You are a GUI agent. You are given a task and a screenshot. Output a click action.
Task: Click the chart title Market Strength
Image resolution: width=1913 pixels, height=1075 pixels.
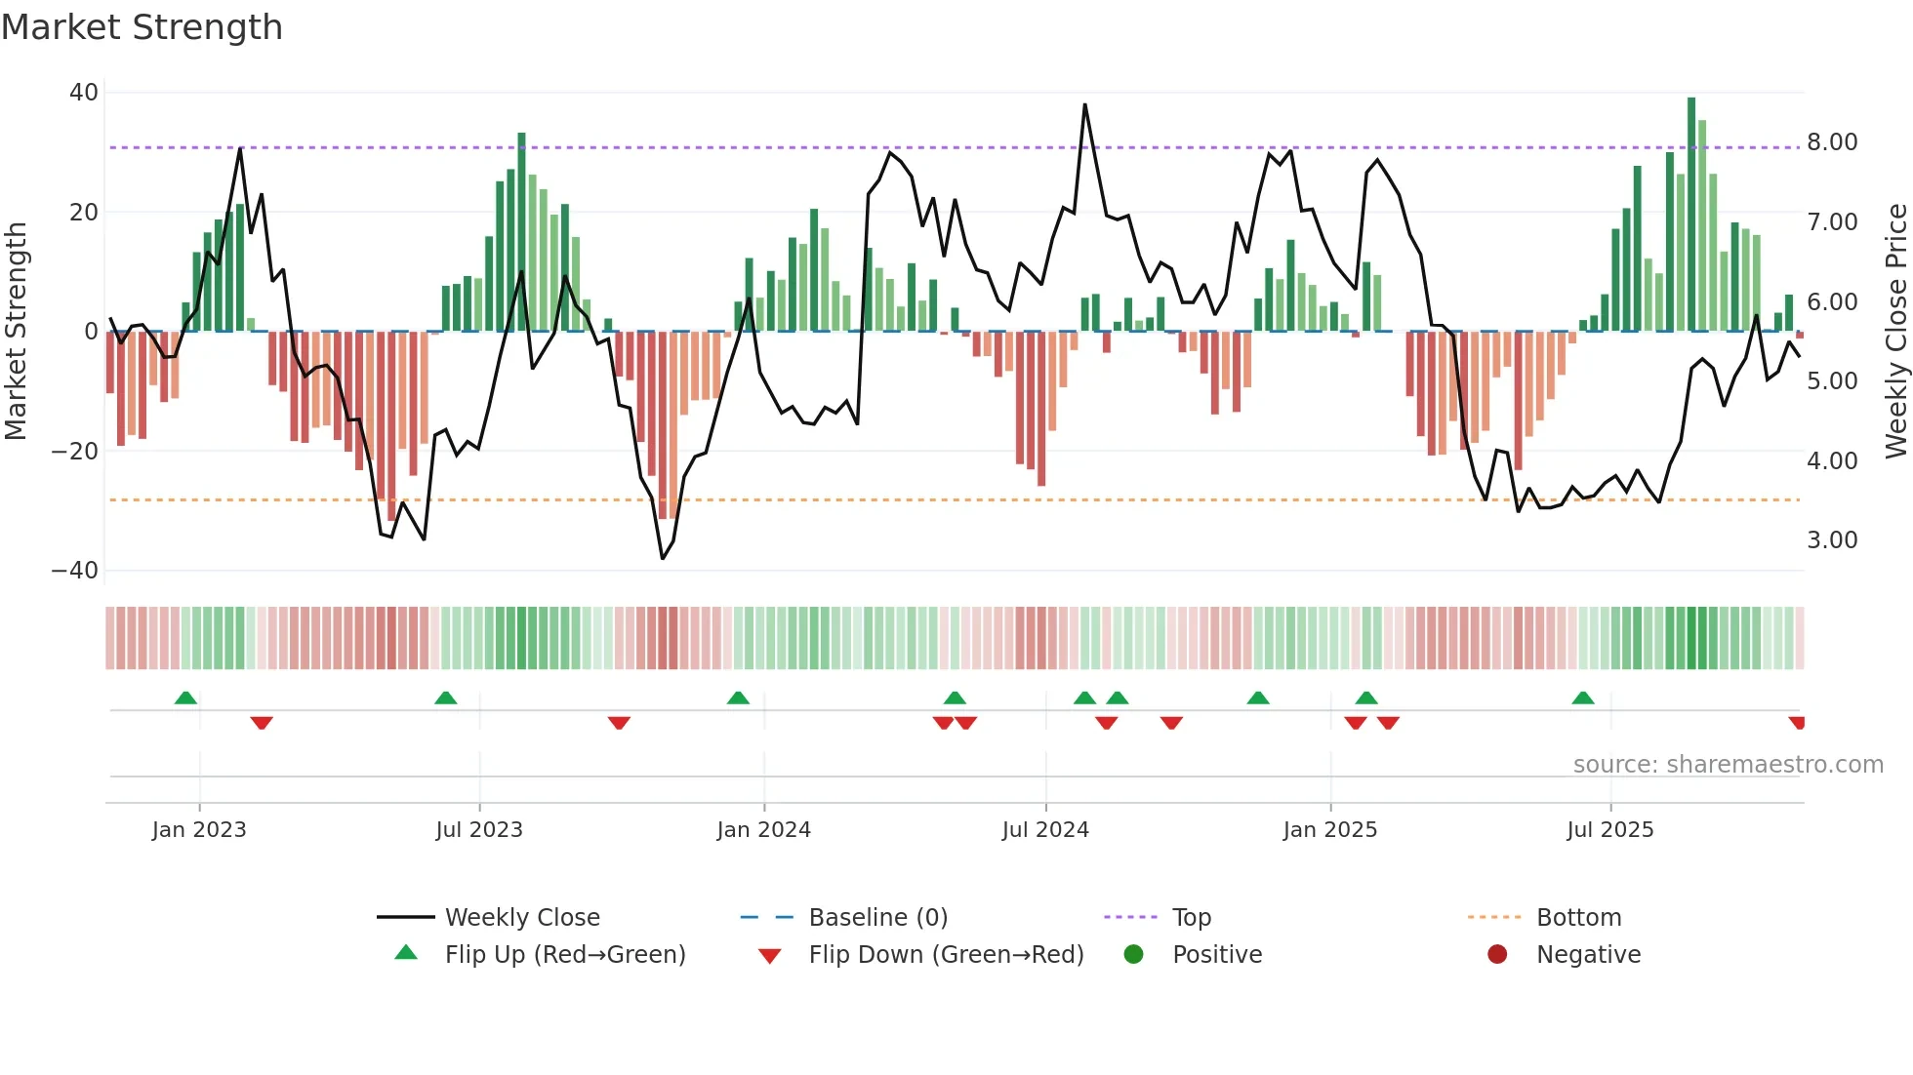pyautogui.click(x=142, y=27)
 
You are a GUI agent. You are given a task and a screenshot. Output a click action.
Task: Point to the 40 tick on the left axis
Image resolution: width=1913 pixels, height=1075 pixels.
pyautogui.click(x=84, y=93)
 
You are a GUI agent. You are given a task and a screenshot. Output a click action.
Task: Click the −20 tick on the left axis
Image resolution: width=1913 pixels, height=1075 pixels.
pyautogui.click(x=75, y=451)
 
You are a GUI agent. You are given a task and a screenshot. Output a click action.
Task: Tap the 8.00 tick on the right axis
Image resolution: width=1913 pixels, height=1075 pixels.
pyautogui.click(x=1832, y=142)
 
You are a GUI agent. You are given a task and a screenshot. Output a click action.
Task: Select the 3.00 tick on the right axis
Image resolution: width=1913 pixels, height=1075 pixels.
pyautogui.click(x=1832, y=540)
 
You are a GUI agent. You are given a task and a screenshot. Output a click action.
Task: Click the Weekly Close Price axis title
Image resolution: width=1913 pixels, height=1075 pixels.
pyautogui.click(x=1895, y=331)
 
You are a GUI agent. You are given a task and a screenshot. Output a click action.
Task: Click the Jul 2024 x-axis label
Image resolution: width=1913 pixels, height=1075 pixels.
pyautogui.click(x=1045, y=830)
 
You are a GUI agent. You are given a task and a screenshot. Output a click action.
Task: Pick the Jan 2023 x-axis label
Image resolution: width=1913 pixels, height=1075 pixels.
pyautogui.click(x=199, y=830)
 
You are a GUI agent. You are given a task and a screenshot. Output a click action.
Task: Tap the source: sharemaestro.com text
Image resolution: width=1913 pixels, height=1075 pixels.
pyautogui.click(x=1728, y=765)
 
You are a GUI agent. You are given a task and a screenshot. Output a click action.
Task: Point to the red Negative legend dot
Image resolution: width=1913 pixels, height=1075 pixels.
pyautogui.click(x=1497, y=954)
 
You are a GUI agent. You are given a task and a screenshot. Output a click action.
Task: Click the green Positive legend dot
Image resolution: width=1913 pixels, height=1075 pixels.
pyautogui.click(x=1133, y=954)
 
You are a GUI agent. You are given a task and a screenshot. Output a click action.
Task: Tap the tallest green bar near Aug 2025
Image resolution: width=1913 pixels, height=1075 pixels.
pyautogui.click(x=1691, y=215)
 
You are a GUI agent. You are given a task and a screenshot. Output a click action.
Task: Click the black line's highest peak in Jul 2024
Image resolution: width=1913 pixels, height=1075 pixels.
pyautogui.click(x=1084, y=105)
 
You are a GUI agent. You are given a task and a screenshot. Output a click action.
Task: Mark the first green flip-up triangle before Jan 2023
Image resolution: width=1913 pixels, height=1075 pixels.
pyautogui.click(x=185, y=697)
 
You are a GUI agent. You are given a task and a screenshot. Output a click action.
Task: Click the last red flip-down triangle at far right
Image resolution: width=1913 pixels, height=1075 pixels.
pyautogui.click(x=1797, y=723)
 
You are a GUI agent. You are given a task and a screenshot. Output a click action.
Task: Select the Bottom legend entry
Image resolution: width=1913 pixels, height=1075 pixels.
pyautogui.click(x=1578, y=918)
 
